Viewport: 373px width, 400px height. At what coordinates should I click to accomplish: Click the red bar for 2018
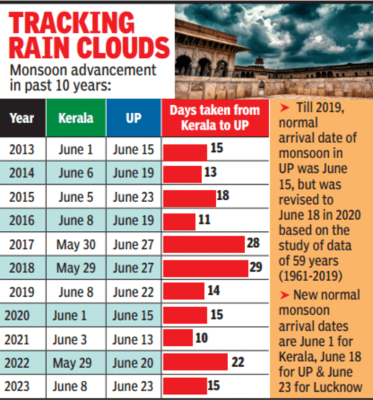pyautogui.click(x=205, y=268)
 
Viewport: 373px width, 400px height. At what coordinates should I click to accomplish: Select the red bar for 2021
pyautogui.click(x=178, y=338)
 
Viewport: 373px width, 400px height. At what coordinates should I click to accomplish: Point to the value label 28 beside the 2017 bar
pyautogui.click(x=253, y=243)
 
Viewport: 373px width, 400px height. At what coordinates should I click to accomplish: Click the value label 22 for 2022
pyautogui.click(x=237, y=361)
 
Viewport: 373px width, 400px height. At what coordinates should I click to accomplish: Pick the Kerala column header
pyautogui.click(x=76, y=118)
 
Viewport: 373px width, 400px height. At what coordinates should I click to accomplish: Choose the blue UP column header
pyautogui.click(x=133, y=118)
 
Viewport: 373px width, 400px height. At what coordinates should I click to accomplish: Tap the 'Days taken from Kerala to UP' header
pyautogui.click(x=215, y=118)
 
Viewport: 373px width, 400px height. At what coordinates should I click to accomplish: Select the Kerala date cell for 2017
pyautogui.click(x=76, y=245)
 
